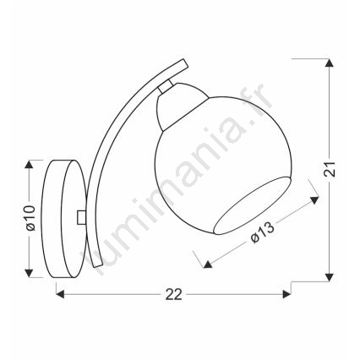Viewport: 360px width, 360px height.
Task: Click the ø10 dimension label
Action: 30,218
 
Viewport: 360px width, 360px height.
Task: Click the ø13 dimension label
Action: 262,232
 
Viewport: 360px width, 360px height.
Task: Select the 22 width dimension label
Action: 173,295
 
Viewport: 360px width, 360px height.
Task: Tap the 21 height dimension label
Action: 330,169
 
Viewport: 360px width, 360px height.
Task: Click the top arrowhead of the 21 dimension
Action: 328,63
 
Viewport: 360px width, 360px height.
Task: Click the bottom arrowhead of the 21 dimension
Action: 328,277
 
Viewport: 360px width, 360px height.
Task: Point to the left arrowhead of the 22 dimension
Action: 60,295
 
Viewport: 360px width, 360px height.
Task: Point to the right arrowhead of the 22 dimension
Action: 286,295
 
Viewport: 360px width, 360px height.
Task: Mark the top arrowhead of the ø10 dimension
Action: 29,164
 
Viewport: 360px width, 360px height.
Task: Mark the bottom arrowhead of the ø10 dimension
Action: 29,273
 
